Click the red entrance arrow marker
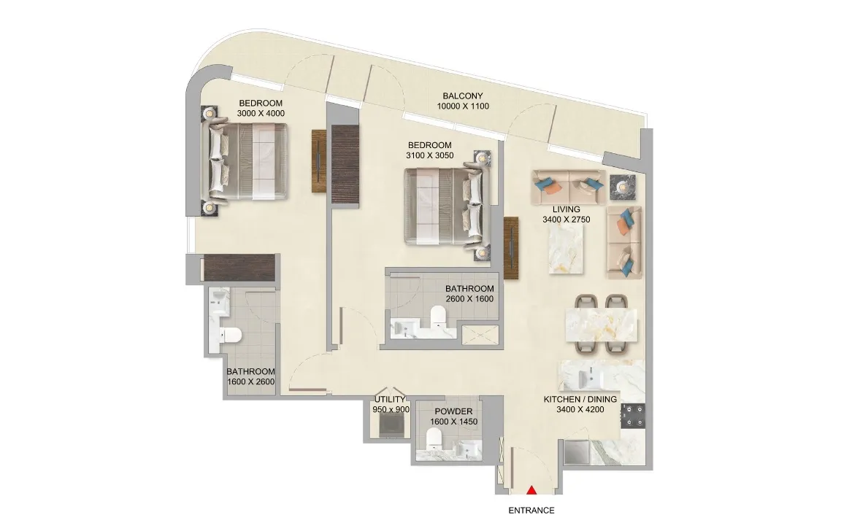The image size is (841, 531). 531,489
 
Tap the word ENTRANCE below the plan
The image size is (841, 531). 531,511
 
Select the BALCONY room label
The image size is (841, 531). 462,96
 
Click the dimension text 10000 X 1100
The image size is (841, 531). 462,106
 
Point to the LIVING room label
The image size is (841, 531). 566,209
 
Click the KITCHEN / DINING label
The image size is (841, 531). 580,399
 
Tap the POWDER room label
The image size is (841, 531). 453,411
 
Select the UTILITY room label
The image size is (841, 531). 390,399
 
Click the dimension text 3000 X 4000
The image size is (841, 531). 261,113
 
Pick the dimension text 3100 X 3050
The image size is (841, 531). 429,155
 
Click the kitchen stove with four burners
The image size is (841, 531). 633,416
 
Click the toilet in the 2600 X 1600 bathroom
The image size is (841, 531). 438,316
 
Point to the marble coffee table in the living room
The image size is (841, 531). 566,249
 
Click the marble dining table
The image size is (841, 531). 602,325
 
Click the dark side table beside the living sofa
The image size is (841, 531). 622,187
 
